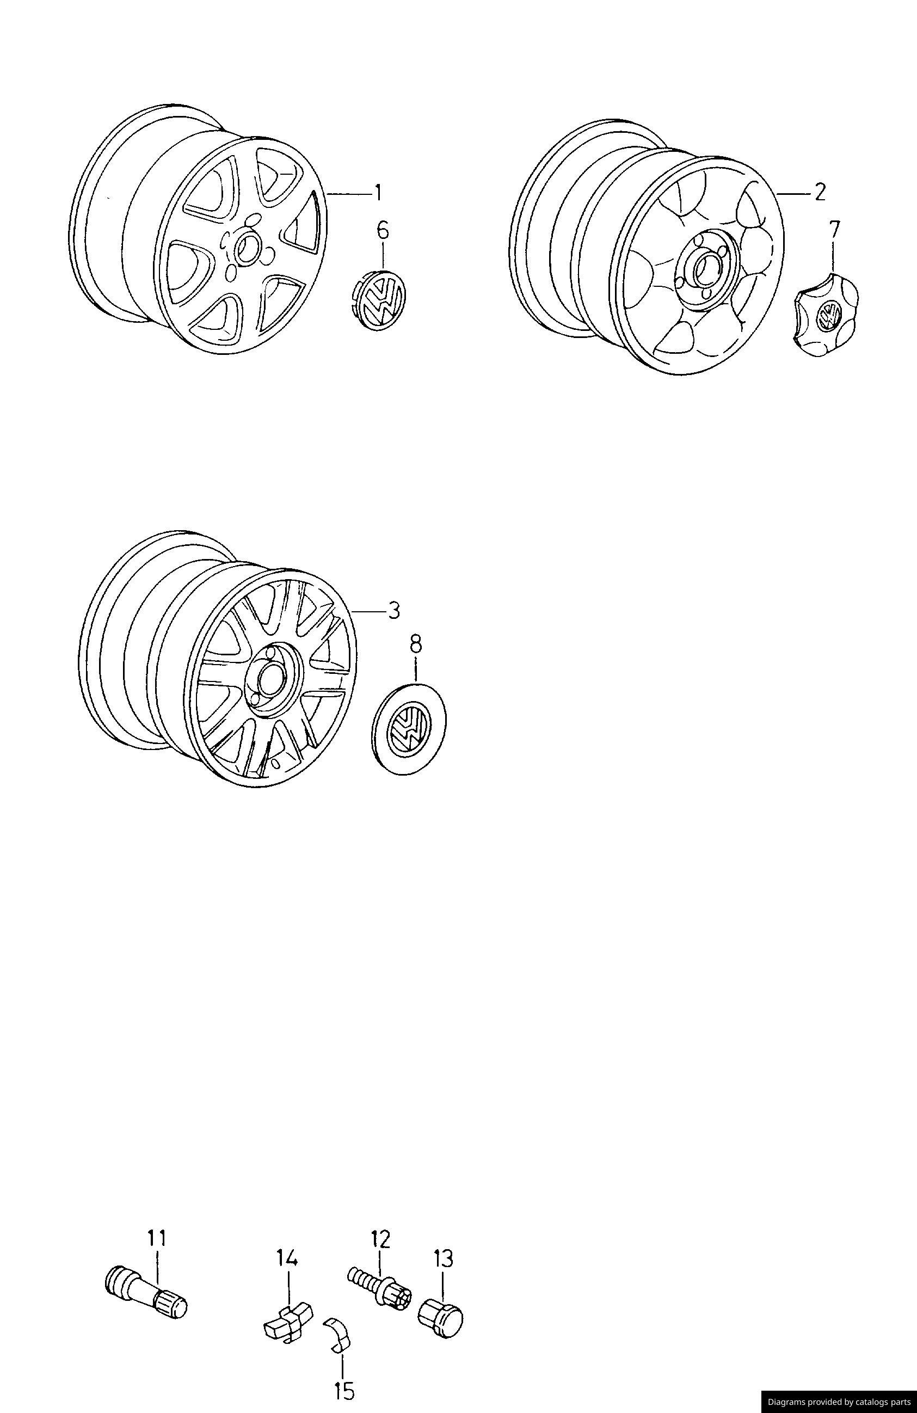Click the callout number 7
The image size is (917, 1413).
tap(834, 229)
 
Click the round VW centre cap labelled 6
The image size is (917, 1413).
tap(378, 299)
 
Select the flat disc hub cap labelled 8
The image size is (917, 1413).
tap(411, 729)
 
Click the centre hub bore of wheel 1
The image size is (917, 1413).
tap(247, 250)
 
